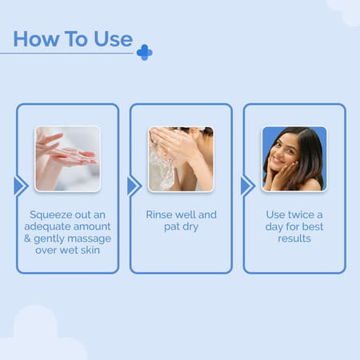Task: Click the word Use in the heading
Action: point(111,38)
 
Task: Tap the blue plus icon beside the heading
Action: point(144,52)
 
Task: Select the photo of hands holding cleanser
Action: point(67,158)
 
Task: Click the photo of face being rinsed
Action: point(181,158)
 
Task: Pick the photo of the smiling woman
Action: point(294,158)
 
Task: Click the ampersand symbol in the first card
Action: point(30,239)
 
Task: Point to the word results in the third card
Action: point(294,239)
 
